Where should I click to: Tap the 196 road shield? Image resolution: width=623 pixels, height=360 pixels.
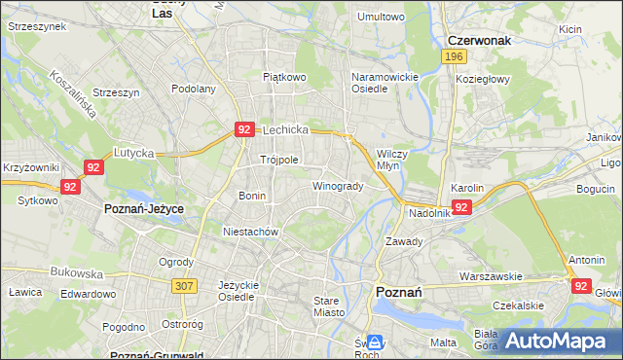[452, 57]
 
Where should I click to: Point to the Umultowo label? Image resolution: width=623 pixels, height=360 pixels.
[381, 17]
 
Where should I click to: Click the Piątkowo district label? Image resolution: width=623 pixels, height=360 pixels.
[284, 75]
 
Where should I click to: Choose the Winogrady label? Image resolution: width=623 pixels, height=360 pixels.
[338, 186]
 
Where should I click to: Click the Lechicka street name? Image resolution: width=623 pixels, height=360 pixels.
[285, 128]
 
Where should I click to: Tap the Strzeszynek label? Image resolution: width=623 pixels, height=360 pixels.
[36, 26]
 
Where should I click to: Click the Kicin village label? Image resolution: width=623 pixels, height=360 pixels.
[570, 29]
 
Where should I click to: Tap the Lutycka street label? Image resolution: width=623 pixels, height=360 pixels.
[134, 153]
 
